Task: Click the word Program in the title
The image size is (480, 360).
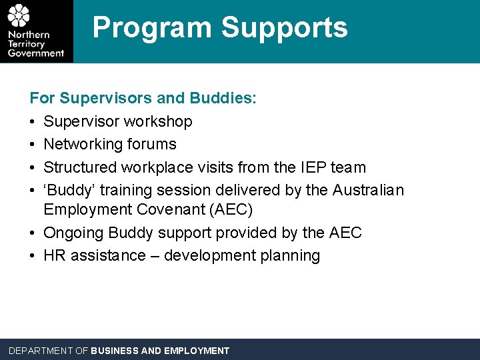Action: tap(153, 28)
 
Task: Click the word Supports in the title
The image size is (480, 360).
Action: tap(284, 28)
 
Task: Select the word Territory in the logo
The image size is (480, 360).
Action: tap(27, 44)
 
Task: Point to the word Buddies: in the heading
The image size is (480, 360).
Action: tap(223, 99)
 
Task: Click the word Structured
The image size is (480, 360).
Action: tap(79, 167)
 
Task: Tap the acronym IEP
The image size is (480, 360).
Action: tap(312, 167)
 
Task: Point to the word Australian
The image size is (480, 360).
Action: tap(368, 190)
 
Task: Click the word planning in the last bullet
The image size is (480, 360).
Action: tap(291, 256)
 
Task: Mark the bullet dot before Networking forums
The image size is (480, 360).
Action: tap(33, 145)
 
